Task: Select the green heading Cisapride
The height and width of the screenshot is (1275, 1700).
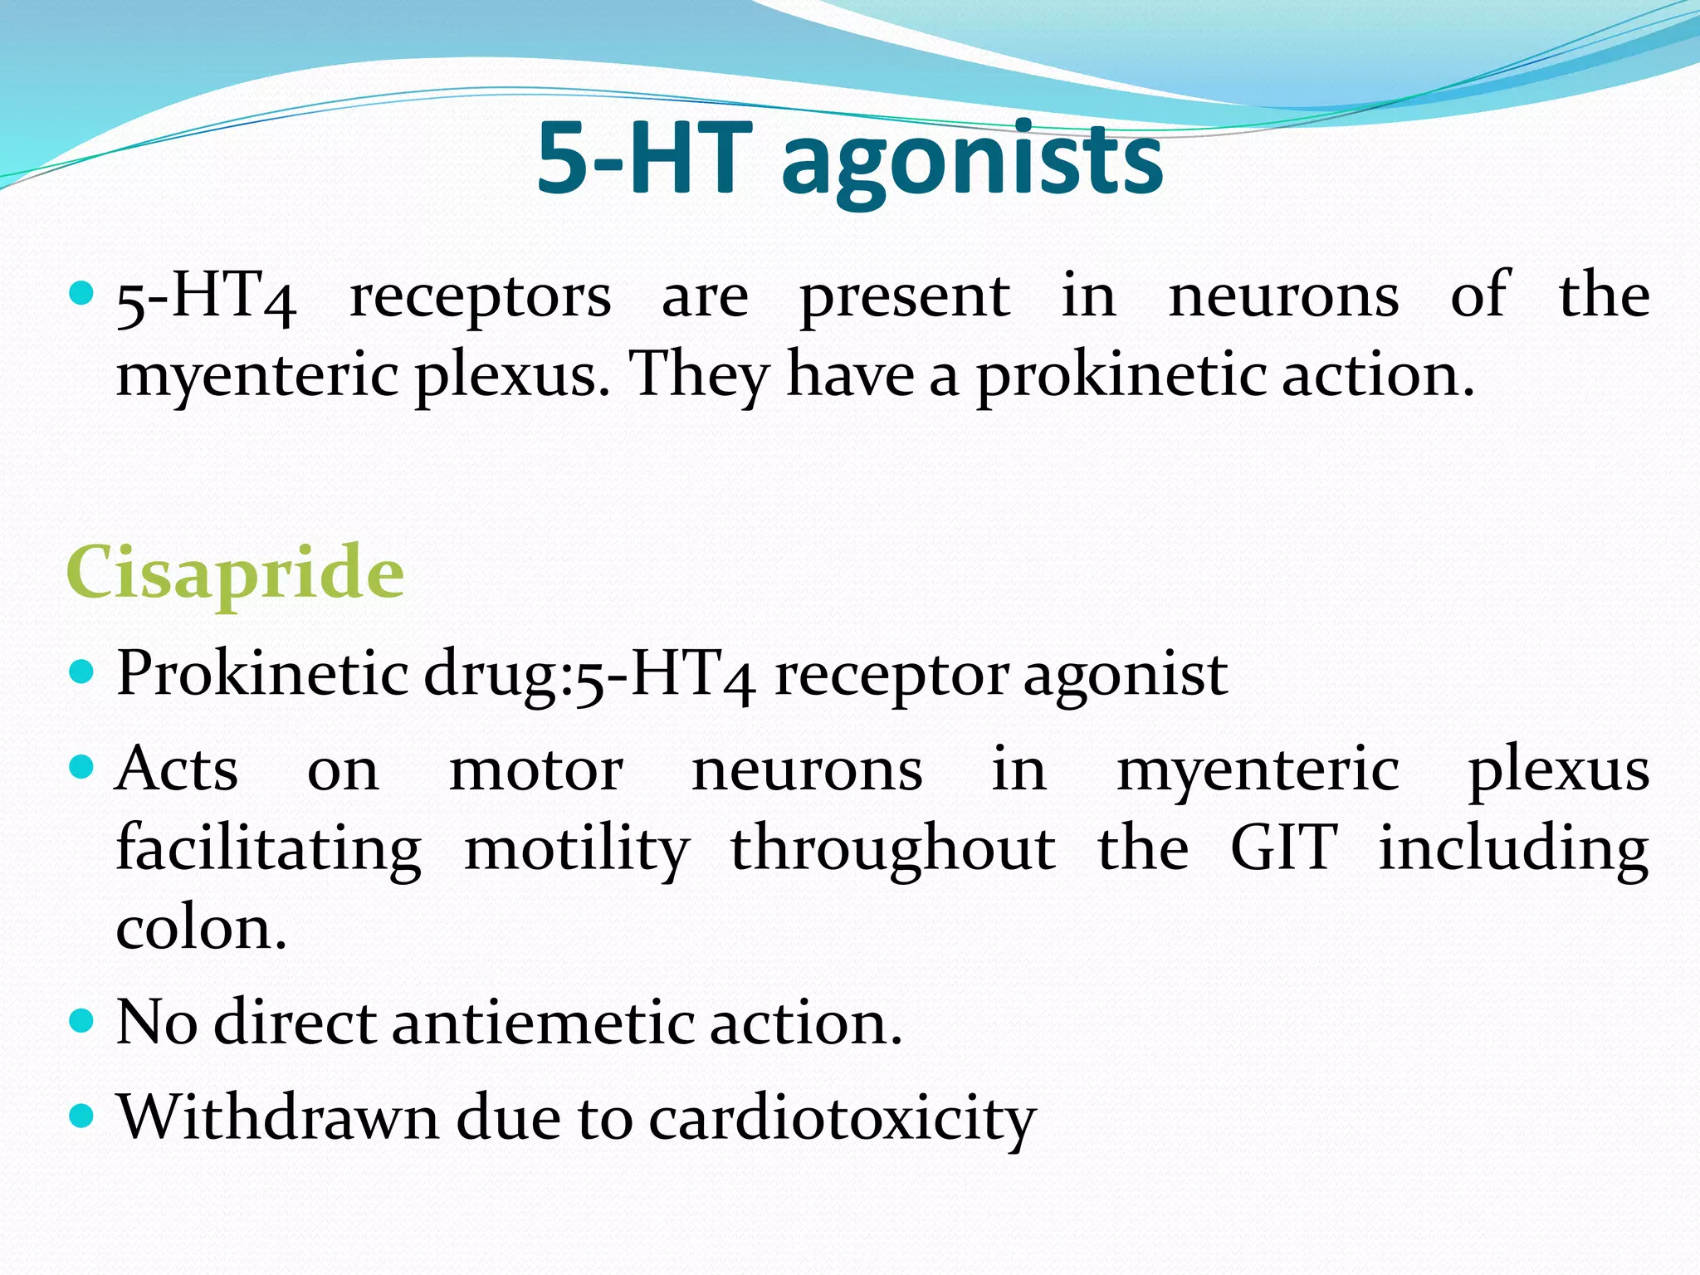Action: [235, 573]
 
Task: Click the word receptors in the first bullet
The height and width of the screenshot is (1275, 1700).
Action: [480, 297]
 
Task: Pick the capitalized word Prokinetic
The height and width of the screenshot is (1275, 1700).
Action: [262, 673]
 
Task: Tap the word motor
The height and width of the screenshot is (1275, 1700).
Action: [535, 770]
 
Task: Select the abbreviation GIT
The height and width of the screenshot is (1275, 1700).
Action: [1283, 848]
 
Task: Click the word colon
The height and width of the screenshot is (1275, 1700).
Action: [200, 928]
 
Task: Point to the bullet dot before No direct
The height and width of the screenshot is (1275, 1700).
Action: [82, 1020]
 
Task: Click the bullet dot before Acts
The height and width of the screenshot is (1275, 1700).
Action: [82, 767]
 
